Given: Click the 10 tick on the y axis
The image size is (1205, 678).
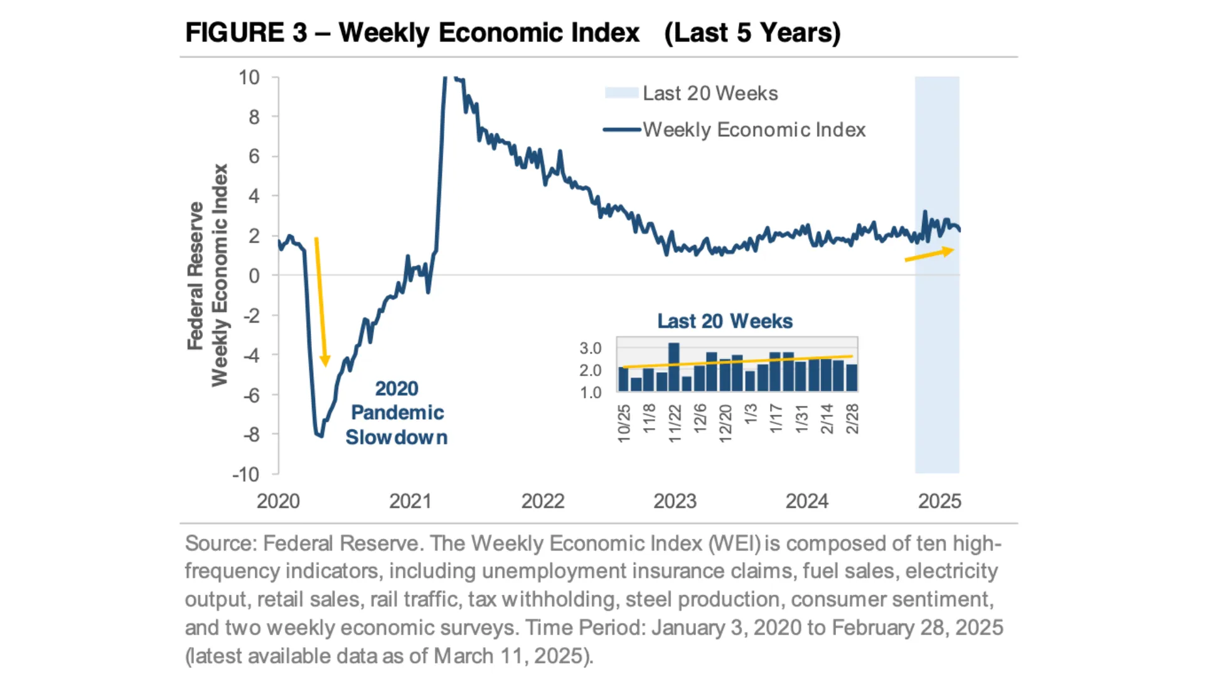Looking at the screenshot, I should tap(249, 78).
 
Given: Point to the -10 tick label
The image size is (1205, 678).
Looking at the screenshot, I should tap(246, 475).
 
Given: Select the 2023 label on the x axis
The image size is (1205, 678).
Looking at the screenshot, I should tap(675, 501).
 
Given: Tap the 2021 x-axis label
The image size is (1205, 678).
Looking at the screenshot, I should tap(410, 501).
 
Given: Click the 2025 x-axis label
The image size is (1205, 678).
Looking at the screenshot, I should tap(940, 501).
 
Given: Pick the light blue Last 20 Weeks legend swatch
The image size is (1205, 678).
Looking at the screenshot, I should tap(621, 93).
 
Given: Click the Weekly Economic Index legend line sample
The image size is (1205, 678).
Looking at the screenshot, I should tap(622, 130).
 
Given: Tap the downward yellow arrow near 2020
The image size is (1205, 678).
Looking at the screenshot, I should tap(321, 301).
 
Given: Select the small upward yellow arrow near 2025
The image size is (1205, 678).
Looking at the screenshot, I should tap(929, 254).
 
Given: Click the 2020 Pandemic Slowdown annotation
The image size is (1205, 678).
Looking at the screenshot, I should tap(397, 412).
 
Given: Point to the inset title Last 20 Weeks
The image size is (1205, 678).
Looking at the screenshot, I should tap(725, 321).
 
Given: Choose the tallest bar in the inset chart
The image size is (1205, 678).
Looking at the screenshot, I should tap(674, 367).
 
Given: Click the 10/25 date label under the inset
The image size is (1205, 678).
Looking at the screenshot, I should tap(624, 423).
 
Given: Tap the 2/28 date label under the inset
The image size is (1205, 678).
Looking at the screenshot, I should tap(852, 419).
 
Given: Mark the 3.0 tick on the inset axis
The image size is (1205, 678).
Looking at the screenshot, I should tap(590, 348).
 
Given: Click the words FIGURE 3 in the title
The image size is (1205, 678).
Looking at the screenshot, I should tap(246, 33).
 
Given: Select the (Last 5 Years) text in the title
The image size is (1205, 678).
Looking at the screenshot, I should tap(752, 33).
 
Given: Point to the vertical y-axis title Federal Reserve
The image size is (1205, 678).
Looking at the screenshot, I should tap(196, 276).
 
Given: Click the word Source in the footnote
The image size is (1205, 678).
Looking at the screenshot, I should tap(219, 544).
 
